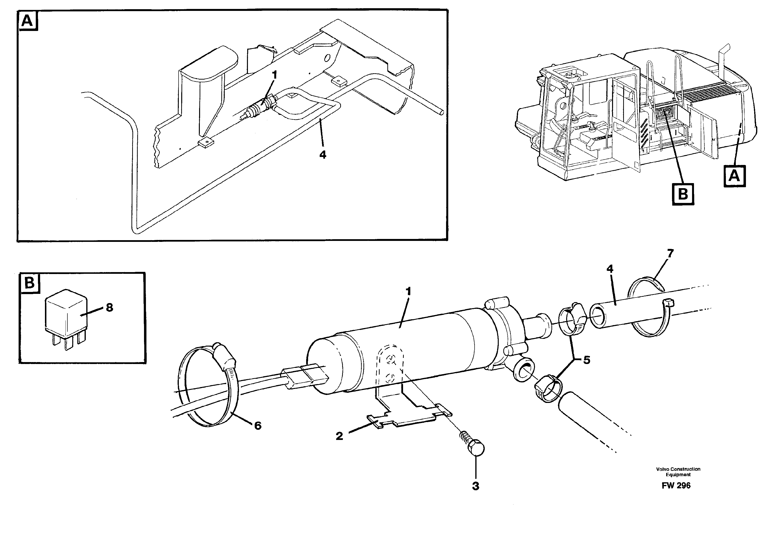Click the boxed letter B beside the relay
tap(29, 283)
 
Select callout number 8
tap(109, 307)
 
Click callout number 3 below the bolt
tap(476, 486)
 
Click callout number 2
tap(339, 436)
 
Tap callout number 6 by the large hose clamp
tap(258, 426)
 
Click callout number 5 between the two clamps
tap(586, 360)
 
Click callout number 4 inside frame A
tap(323, 155)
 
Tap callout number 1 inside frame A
tap(275, 75)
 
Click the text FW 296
tap(676, 485)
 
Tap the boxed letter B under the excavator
tap(683, 194)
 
